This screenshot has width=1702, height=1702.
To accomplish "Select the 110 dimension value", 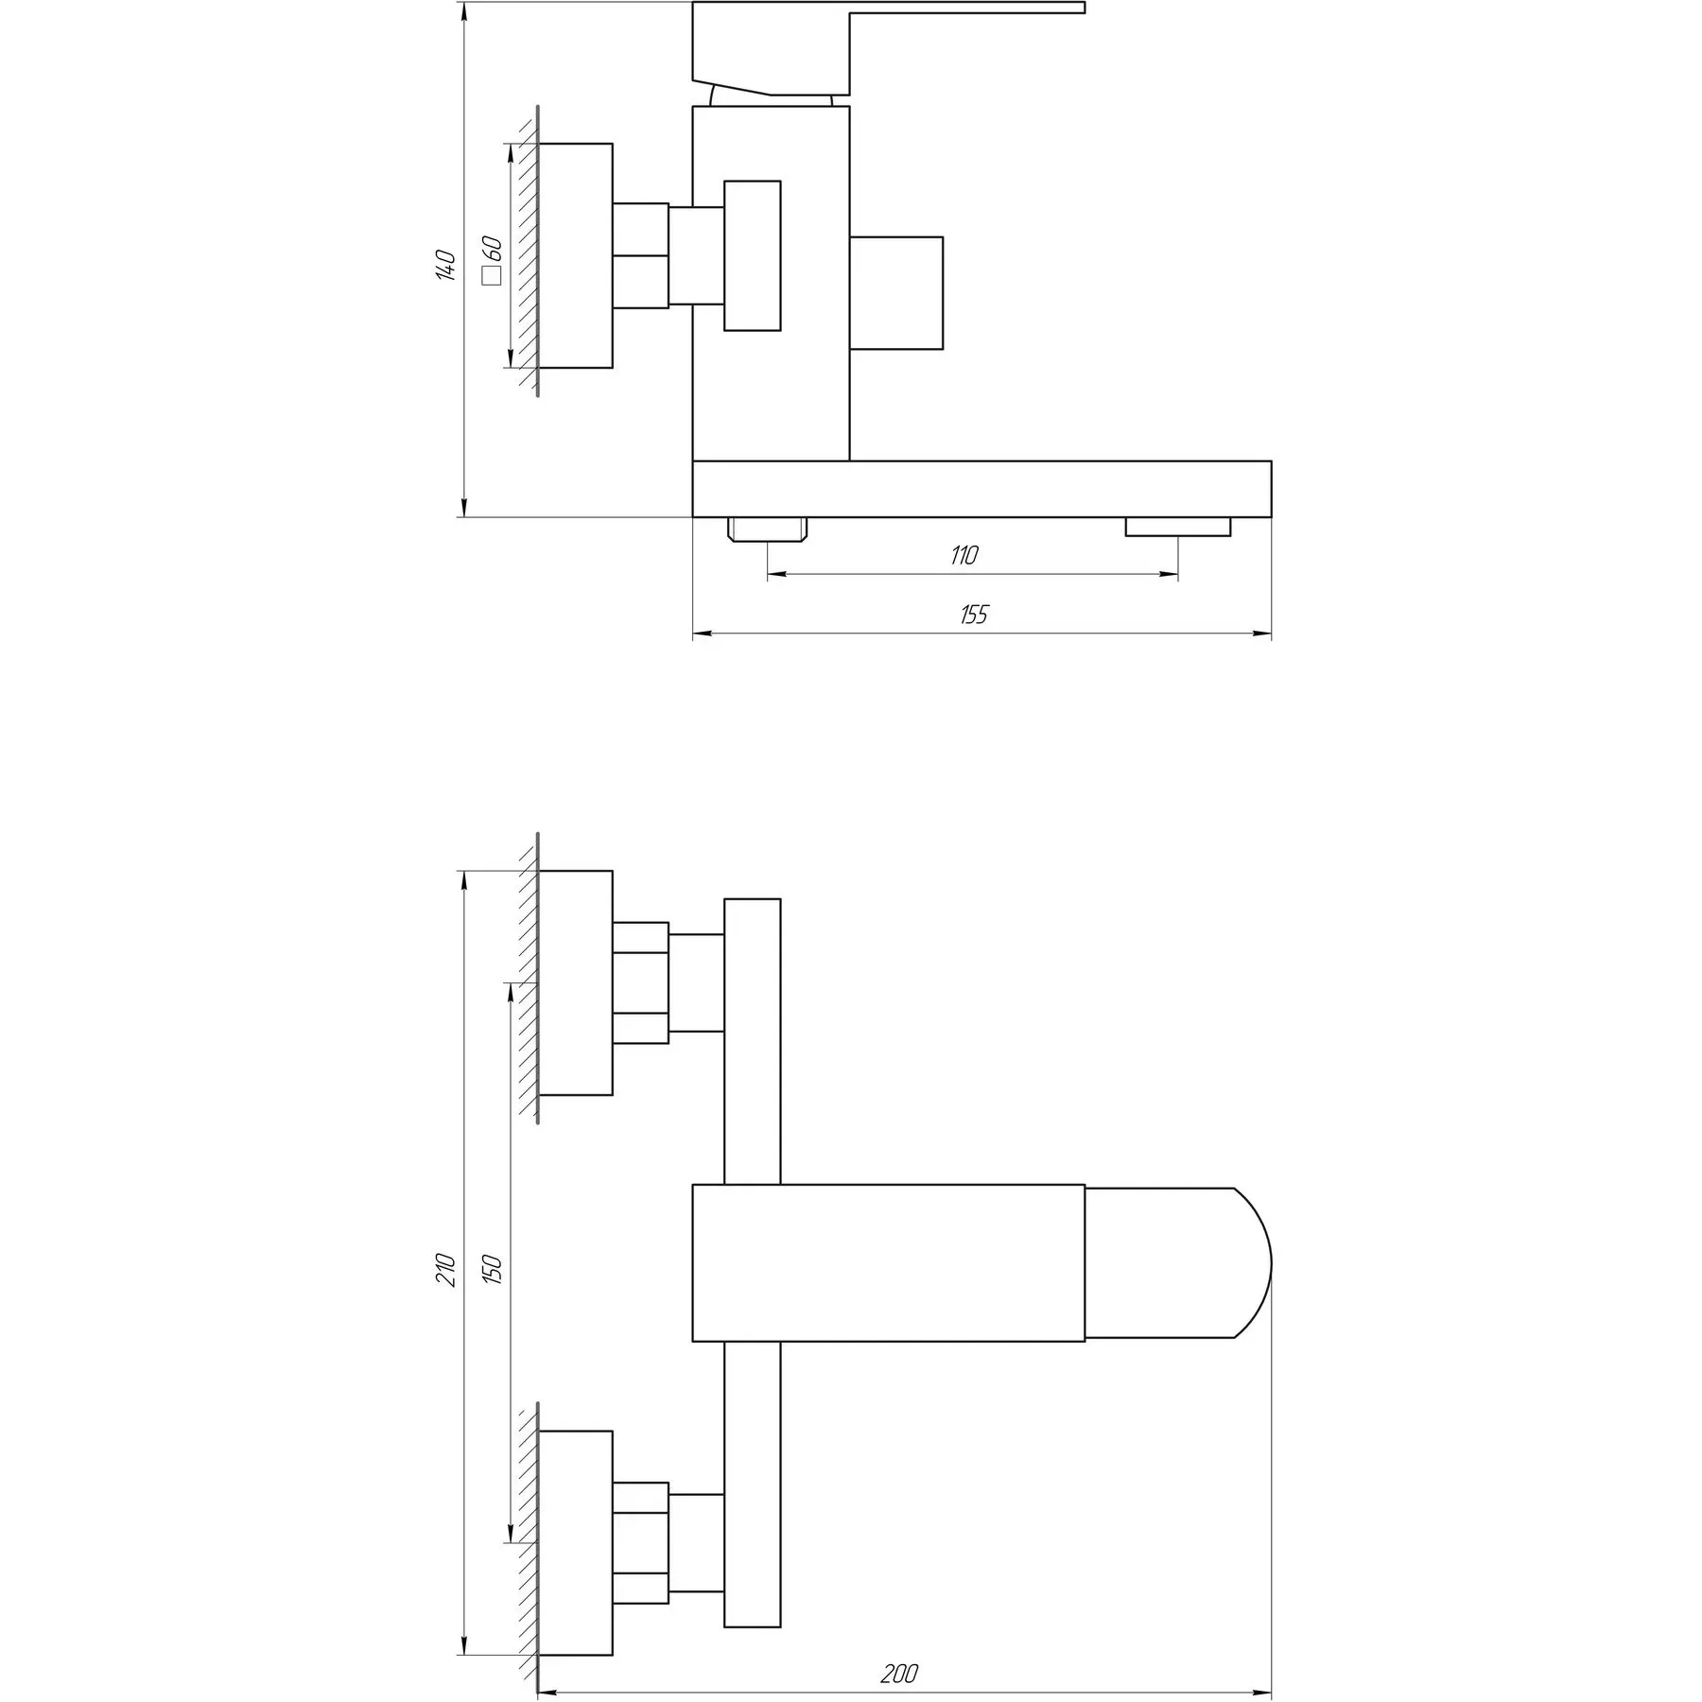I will (964, 556).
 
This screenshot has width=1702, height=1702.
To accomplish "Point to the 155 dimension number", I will (973, 615).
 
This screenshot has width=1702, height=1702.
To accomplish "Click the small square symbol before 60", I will (491, 276).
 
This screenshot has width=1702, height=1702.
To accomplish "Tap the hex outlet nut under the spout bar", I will (767, 529).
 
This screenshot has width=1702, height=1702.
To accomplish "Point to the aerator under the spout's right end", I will (1177, 527).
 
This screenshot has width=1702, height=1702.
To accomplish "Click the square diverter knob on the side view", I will (895, 293).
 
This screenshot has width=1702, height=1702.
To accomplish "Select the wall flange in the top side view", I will (575, 255).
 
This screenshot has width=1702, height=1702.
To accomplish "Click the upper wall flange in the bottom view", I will (575, 982).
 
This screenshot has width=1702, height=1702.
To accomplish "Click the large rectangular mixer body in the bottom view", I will (888, 1262).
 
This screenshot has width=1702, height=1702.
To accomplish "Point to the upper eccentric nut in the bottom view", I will (640, 982).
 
